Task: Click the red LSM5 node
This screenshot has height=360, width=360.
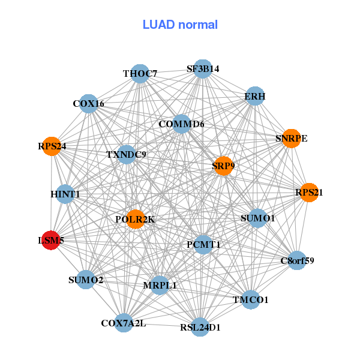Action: coord(50,241)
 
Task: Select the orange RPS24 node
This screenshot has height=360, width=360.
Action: coord(52,146)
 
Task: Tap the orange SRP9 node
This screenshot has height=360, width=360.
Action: coord(223,166)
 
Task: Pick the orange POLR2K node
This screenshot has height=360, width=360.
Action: coord(135,220)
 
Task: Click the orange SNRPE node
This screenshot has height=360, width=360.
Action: coord(291,139)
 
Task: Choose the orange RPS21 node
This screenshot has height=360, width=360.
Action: coord(309,193)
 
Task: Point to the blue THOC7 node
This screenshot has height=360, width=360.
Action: coord(140,74)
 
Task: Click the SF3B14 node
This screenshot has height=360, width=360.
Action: coord(203,69)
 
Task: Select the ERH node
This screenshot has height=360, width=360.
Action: coord(255,96)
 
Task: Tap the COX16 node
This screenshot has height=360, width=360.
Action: coord(88,104)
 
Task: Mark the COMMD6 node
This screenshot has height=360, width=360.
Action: coord(181,124)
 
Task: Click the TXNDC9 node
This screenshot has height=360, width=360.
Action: coord(126,154)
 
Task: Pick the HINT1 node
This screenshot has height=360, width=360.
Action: coord(65,194)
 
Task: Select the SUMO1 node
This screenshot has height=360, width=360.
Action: coord(257,218)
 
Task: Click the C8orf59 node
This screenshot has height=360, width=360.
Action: coord(297,260)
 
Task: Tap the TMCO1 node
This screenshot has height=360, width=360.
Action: coord(251,299)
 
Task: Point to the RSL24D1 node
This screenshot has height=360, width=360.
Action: coord(200,328)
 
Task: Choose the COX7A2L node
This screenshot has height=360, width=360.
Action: coord(123,323)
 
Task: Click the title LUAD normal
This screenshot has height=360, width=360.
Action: coord(180,25)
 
